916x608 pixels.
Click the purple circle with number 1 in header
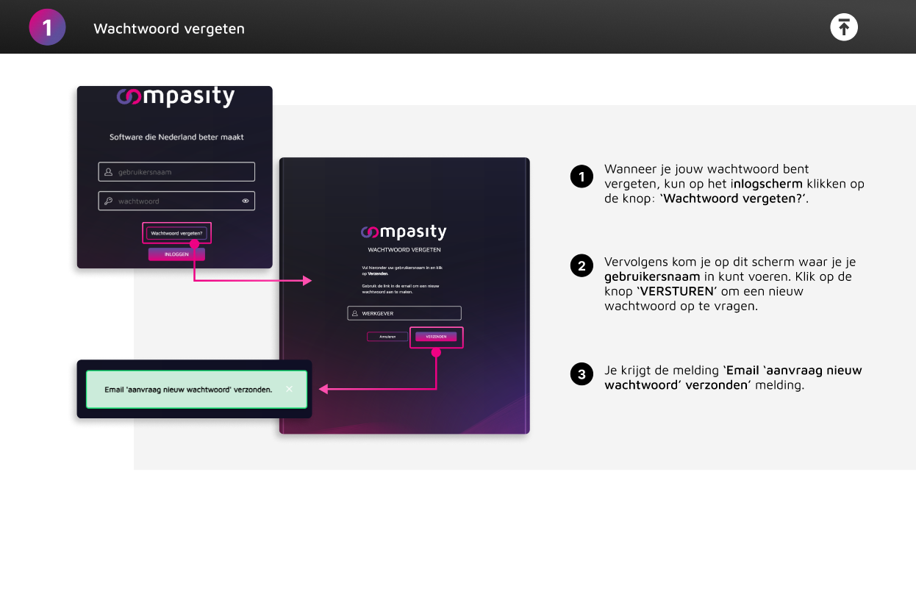click(47, 28)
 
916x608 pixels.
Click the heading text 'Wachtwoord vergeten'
click(169, 29)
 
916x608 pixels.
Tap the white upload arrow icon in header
click(844, 27)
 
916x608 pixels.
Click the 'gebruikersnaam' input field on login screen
click(176, 172)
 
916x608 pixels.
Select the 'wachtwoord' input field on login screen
click(169, 201)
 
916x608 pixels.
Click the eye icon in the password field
click(246, 201)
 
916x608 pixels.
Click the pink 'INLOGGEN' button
click(176, 254)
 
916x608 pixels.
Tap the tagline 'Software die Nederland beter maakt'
click(176, 137)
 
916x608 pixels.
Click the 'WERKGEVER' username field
click(404, 313)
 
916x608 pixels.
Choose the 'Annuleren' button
click(387, 337)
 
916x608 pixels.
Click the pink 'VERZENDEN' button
click(436, 337)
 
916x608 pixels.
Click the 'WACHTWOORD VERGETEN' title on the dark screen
click(404, 250)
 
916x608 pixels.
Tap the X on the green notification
click(289, 389)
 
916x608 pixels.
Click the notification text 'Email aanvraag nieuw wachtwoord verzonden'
click(188, 390)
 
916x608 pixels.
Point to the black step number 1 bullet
click(582, 176)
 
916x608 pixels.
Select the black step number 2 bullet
click(582, 266)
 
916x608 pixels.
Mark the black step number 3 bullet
click(582, 374)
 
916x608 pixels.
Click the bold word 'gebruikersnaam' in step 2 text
click(652, 276)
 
